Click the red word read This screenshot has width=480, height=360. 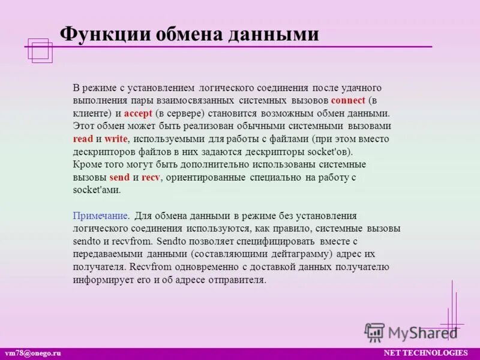point(83,139)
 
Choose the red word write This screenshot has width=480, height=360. point(116,139)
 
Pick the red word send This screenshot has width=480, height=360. point(119,177)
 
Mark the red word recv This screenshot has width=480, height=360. point(151,177)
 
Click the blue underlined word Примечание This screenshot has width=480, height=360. point(101,216)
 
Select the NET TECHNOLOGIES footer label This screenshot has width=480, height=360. point(425,352)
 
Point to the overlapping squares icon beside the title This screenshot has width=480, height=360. point(40,50)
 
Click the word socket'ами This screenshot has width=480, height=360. point(97,190)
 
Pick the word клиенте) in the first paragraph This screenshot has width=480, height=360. point(93,113)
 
